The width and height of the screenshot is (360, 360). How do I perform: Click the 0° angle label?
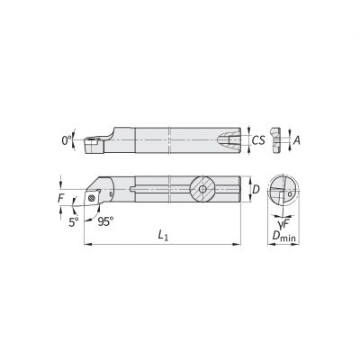click(x=65, y=139)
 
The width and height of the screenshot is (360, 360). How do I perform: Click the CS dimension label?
click(x=257, y=139)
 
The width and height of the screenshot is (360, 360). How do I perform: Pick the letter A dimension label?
click(x=297, y=139)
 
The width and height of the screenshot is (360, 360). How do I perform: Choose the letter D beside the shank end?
click(x=255, y=191)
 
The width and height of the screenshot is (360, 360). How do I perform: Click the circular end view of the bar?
click(x=283, y=191)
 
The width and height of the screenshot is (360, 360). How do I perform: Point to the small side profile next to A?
click(x=280, y=139)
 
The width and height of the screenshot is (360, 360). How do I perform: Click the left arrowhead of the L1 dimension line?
click(x=85, y=243)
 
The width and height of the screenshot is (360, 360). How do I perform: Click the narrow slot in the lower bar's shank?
click(x=162, y=190)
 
